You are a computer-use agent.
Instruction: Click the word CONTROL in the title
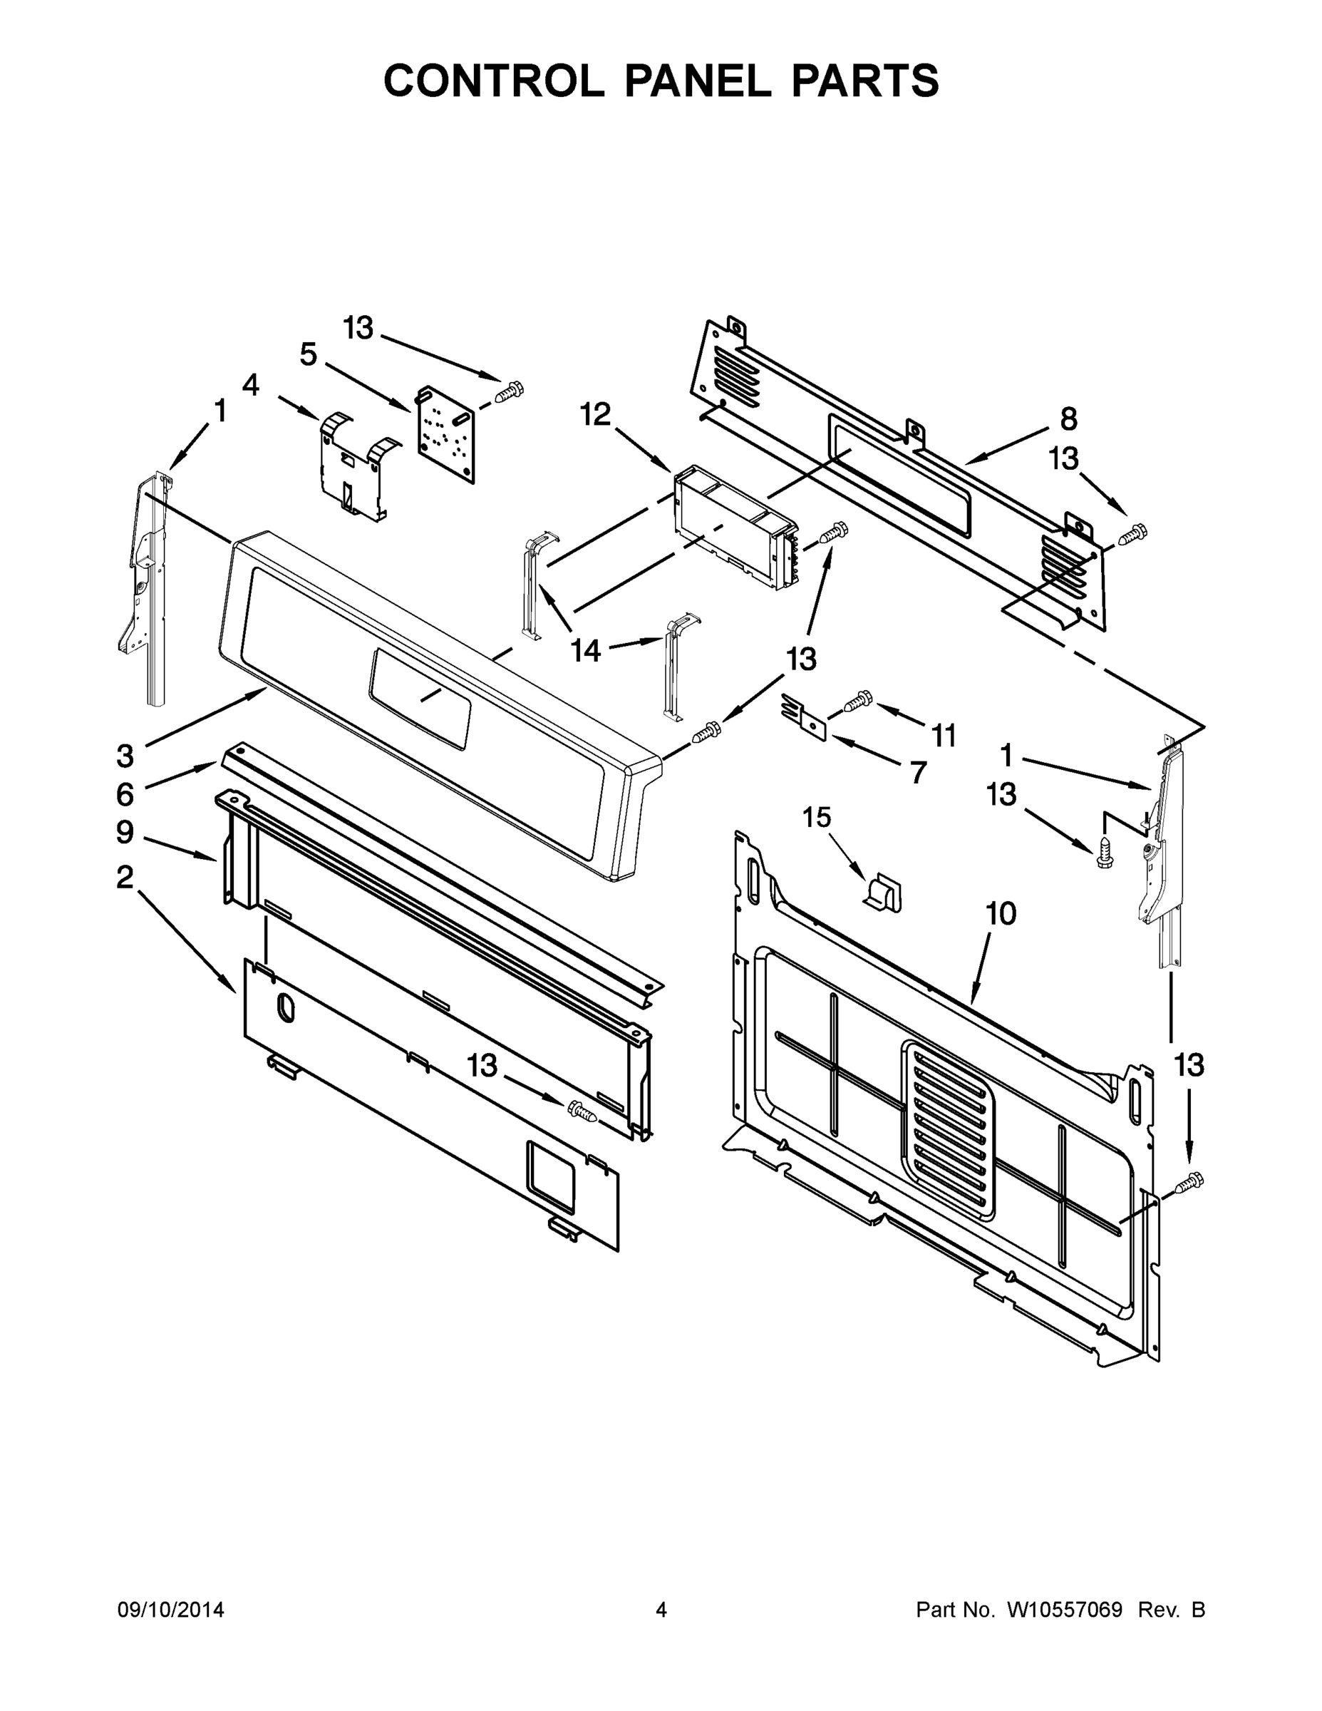(493, 81)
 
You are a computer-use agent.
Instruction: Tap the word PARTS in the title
(864, 81)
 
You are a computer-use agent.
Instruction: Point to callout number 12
(595, 414)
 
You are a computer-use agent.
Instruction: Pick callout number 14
(585, 649)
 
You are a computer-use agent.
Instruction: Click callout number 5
(309, 355)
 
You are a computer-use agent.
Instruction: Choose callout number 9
(125, 832)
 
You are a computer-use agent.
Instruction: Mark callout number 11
(944, 736)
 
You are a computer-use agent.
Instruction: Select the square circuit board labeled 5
(445, 434)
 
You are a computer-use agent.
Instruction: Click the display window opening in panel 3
(421, 697)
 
